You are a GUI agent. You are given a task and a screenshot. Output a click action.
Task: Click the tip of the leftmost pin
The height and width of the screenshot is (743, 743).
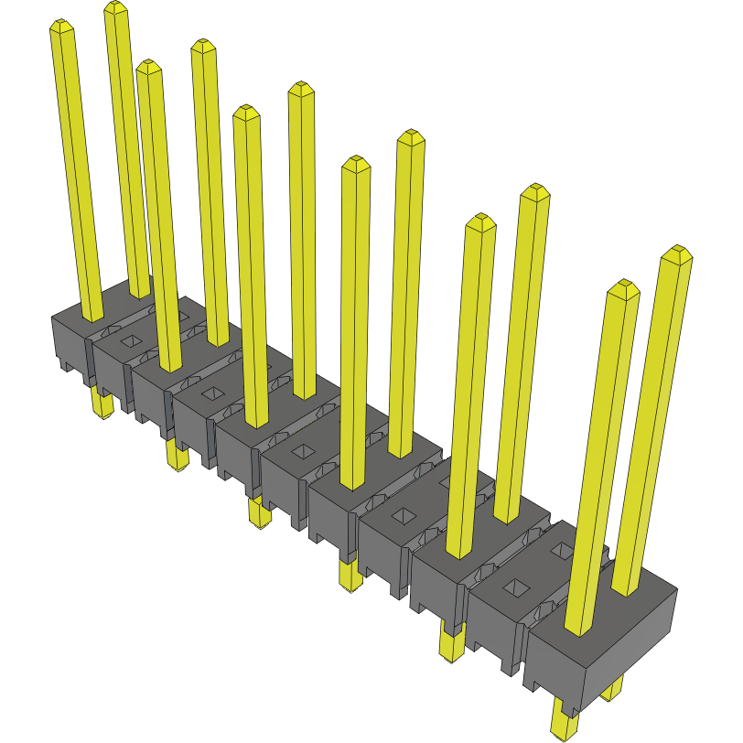pos(60,26)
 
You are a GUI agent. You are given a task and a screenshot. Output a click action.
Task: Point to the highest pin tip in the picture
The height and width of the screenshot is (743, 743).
pos(114,7)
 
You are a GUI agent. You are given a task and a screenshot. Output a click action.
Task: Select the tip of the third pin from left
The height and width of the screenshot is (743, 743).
pos(148,66)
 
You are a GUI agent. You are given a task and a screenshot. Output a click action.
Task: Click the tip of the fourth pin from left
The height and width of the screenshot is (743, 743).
pos(203,45)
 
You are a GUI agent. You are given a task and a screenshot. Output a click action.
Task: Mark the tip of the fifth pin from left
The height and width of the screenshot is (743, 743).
pos(245,112)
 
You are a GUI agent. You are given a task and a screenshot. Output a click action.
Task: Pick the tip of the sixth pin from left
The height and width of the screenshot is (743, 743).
pos(300,88)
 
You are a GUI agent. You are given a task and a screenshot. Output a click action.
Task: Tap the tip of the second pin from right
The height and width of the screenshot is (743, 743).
pos(623,286)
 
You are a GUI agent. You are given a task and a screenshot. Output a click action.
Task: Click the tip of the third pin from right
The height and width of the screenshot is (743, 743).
pos(535,190)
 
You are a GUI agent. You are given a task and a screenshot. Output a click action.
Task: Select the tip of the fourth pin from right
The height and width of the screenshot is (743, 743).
pos(480,221)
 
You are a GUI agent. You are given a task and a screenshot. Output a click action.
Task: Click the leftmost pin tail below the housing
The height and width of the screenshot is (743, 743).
pos(102,404)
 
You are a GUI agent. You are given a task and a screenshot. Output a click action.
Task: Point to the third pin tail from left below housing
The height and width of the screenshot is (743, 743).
pos(260,512)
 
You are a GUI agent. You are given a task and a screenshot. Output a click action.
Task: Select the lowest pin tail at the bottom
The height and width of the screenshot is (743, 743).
pos(565,722)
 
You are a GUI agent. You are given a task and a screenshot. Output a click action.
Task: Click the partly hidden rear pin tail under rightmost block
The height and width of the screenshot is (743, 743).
pos(614,690)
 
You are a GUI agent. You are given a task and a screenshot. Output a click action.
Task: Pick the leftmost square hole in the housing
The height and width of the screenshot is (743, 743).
pos(129,340)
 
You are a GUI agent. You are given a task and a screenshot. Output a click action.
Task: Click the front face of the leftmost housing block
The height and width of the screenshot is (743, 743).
pos(69,342)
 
